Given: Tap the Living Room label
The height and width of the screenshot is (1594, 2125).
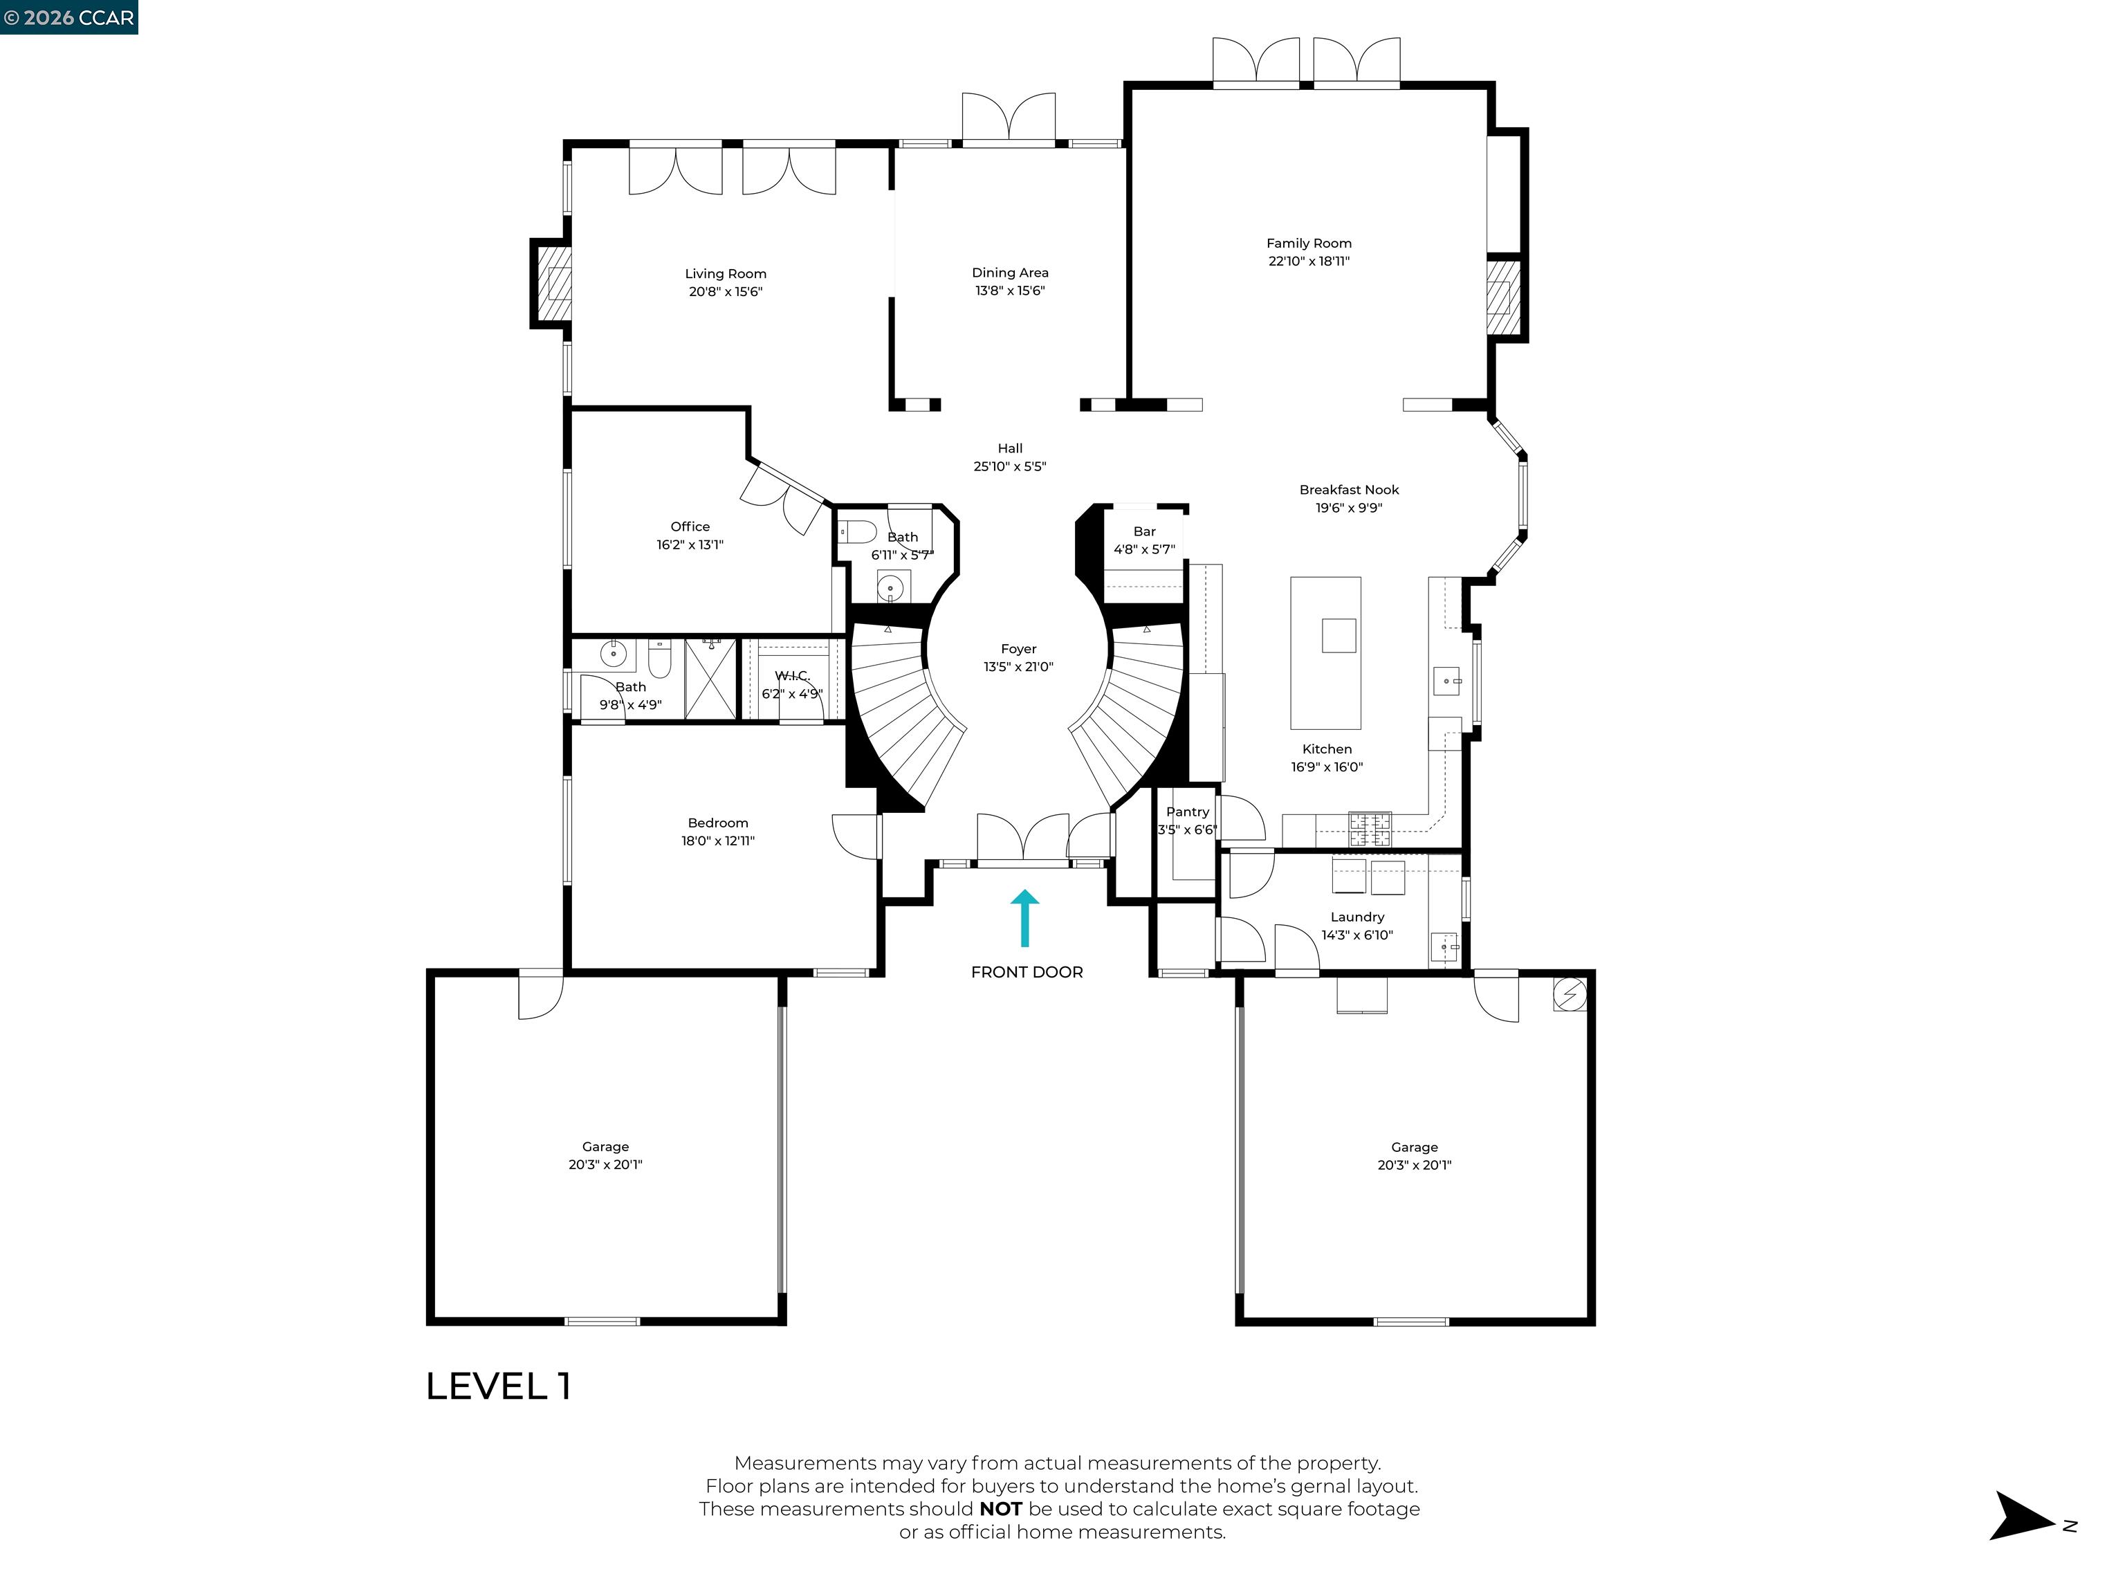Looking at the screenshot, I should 726,274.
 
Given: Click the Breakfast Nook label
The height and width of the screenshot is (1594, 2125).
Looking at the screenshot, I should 1349,490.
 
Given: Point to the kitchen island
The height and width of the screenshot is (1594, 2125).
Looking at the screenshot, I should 1325,653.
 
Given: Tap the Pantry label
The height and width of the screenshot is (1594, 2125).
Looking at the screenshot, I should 1188,812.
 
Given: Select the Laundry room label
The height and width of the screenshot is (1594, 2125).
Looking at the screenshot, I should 1356,917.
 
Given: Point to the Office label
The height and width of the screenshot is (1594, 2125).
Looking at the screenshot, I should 690,526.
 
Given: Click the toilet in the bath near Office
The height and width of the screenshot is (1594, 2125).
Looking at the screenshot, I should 857,531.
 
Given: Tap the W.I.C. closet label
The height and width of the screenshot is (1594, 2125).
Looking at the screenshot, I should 793,675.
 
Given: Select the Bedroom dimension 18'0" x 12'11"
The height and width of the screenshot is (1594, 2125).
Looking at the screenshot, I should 717,841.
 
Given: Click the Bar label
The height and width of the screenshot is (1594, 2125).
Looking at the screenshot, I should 1144,531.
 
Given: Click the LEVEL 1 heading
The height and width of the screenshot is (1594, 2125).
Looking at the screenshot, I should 497,1386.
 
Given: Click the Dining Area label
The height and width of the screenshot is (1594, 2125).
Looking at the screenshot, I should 1010,273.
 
